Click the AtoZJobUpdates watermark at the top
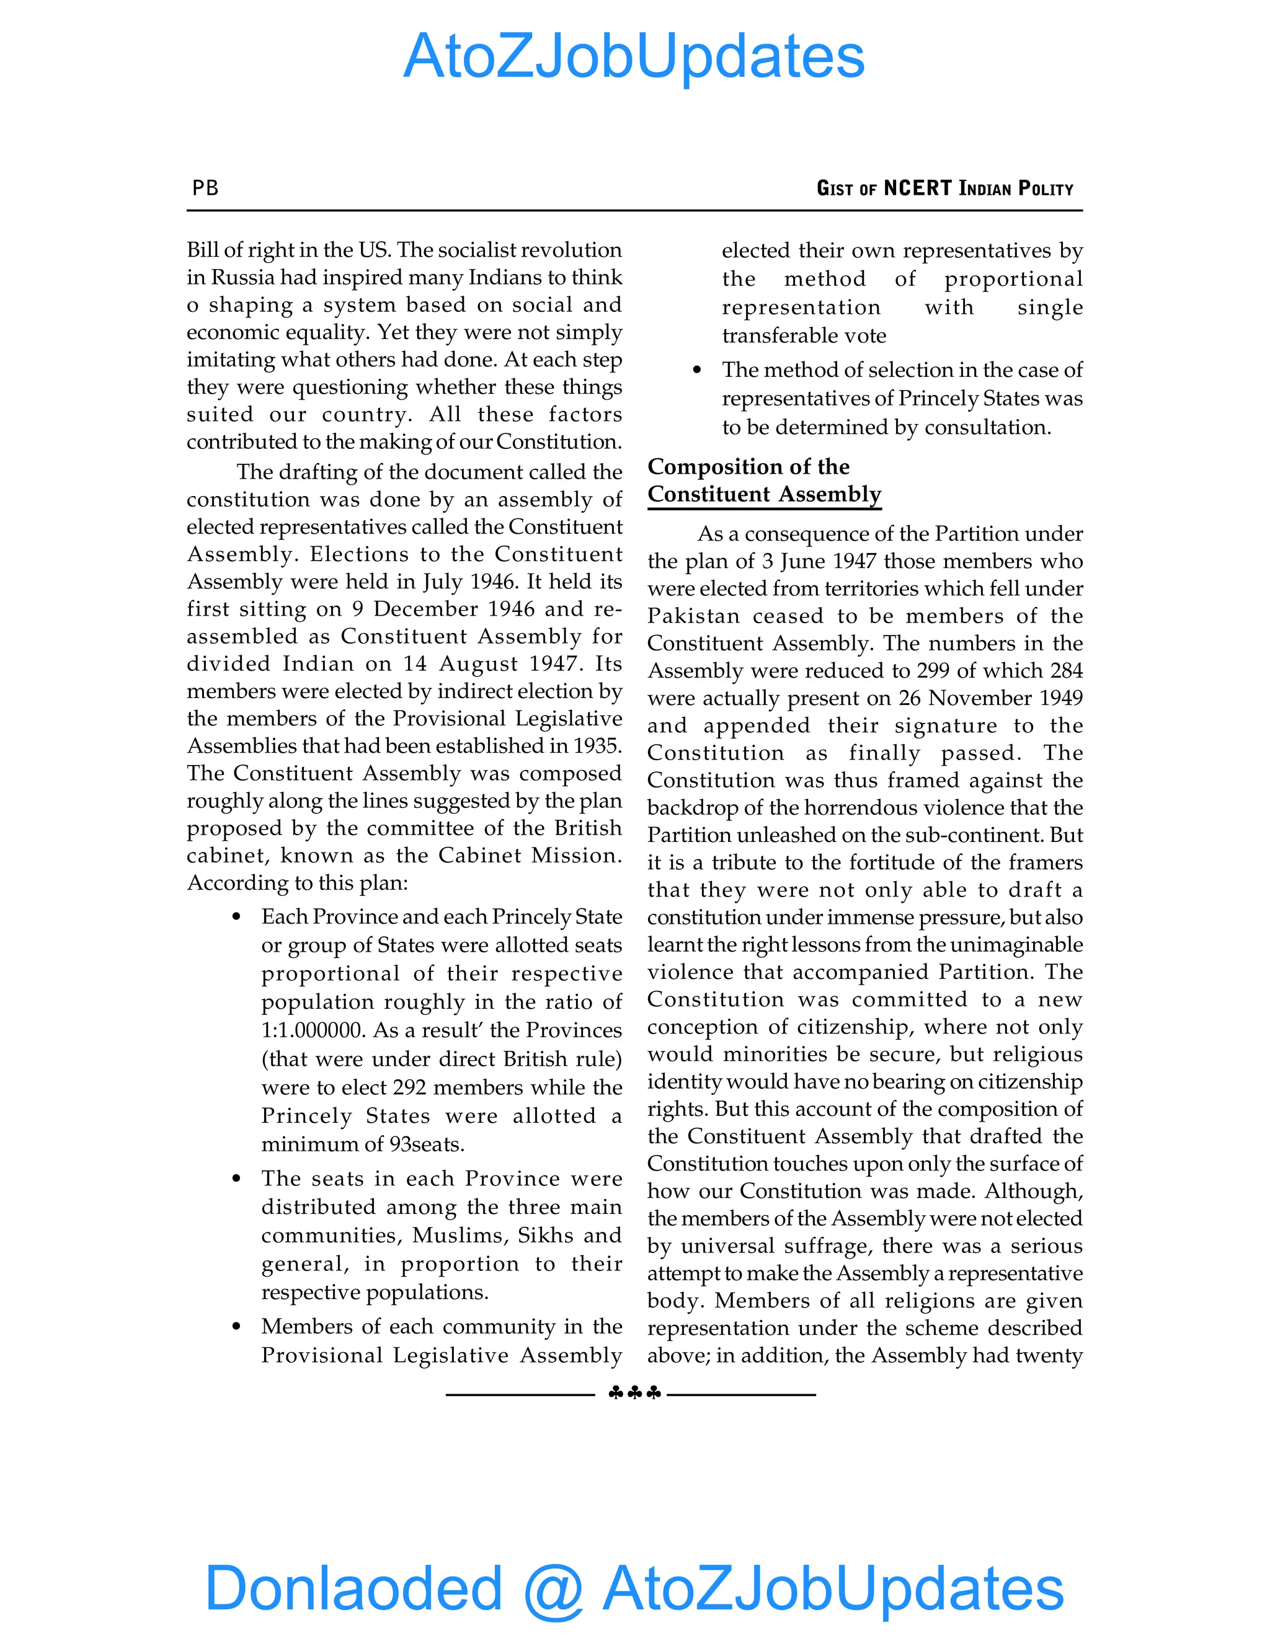coord(634,56)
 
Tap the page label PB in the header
coord(205,188)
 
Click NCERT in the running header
coord(917,188)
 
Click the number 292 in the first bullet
coord(410,1088)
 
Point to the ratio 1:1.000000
coord(313,1030)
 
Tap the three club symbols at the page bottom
coord(634,1393)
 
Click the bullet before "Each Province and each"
coord(237,917)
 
